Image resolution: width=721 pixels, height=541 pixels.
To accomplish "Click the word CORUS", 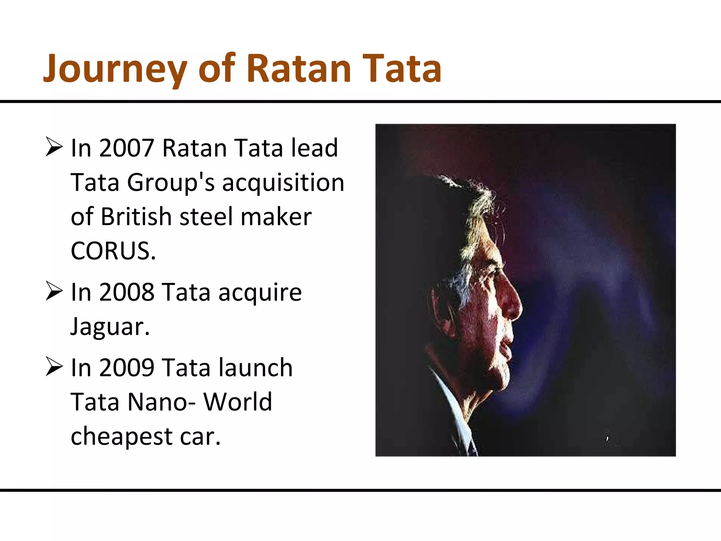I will tap(113, 251).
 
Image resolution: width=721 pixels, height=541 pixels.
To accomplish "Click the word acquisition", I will tap(283, 182).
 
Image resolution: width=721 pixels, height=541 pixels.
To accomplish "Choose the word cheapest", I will tap(121, 436).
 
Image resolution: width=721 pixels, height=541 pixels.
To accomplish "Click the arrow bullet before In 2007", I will tap(54, 147).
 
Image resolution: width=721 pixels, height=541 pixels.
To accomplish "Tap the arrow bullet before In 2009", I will tap(54, 367).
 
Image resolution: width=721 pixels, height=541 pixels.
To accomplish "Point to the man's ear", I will tap(440, 310).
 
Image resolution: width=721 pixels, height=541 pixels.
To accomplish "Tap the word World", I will tap(238, 402).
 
